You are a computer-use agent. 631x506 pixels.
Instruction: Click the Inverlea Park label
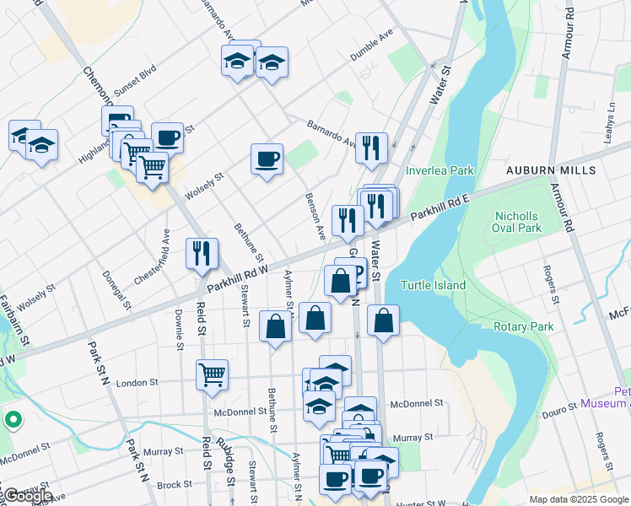(x=440, y=170)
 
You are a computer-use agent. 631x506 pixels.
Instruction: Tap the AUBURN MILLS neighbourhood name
(x=550, y=170)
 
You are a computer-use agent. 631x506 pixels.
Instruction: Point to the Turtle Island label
(x=433, y=285)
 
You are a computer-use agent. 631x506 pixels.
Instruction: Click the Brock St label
(x=175, y=485)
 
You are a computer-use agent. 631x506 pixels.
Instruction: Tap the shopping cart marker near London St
(x=212, y=374)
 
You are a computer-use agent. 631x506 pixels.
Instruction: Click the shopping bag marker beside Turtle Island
(x=383, y=321)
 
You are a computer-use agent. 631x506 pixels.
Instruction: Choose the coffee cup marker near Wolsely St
(x=267, y=159)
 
